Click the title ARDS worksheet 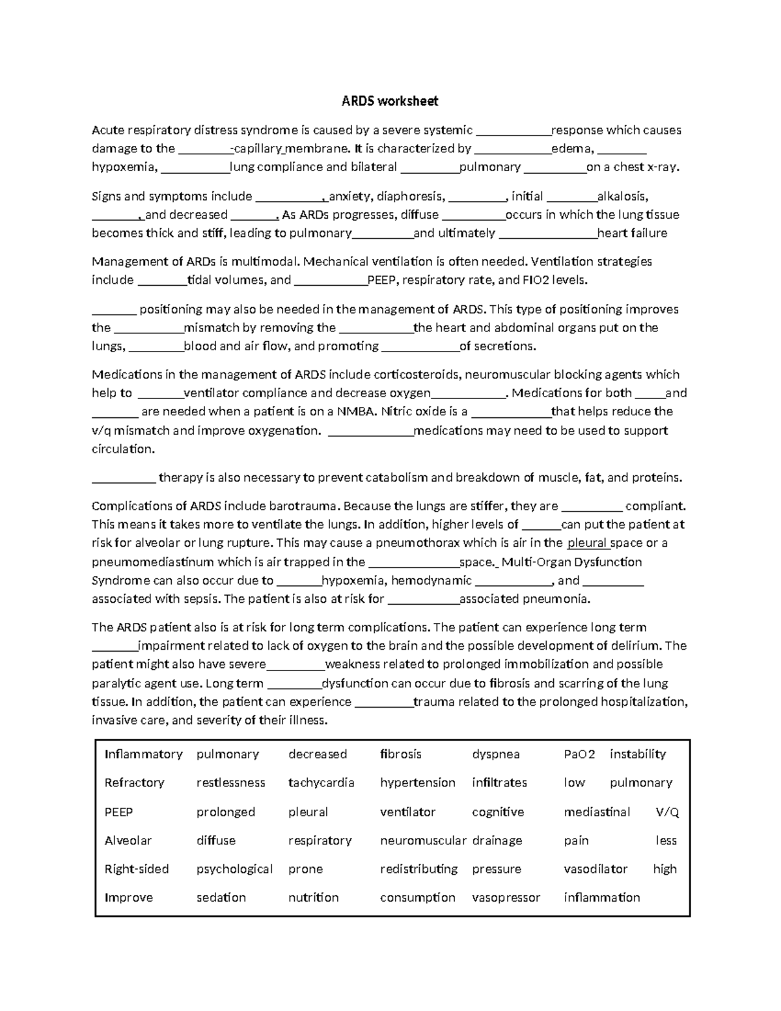click(390, 101)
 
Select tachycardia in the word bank click(321, 782)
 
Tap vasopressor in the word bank click(506, 897)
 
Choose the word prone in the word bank click(305, 868)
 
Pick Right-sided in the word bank click(137, 868)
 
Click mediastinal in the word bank click(597, 812)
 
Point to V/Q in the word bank click(667, 812)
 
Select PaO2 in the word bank click(579, 754)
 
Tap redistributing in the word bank click(418, 868)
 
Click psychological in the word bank click(234, 868)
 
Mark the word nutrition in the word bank click(313, 897)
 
